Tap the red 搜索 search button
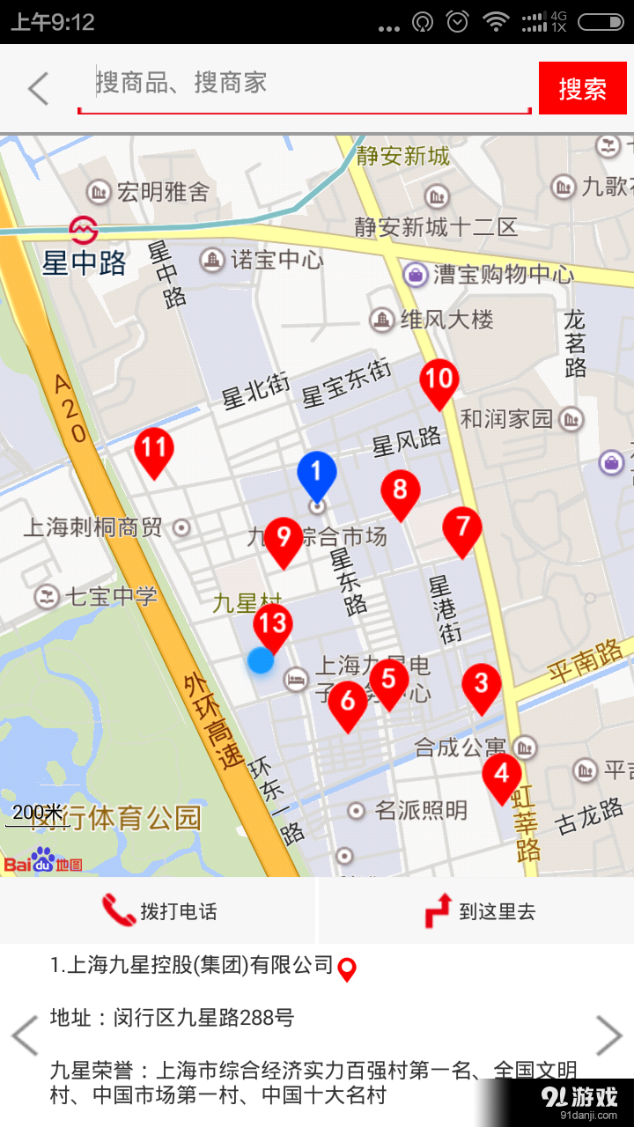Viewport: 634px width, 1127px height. click(582, 88)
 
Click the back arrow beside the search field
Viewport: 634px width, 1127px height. click(38, 88)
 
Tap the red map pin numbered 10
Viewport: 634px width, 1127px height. click(439, 381)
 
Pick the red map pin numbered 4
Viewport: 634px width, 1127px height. click(502, 775)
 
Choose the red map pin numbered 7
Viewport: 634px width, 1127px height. click(462, 528)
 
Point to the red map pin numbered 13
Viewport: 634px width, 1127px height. click(273, 625)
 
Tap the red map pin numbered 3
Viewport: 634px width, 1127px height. click(481, 685)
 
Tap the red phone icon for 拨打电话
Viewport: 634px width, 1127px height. click(119, 910)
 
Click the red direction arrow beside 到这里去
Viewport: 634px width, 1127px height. click(439, 910)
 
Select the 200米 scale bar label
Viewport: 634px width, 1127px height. click(37, 812)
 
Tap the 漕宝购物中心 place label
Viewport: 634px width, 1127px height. click(502, 274)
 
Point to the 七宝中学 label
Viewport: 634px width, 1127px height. click(111, 597)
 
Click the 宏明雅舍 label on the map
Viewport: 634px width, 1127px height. click(163, 191)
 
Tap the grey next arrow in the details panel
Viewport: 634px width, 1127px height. click(609, 1035)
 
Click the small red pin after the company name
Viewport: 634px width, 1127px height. click(348, 969)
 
